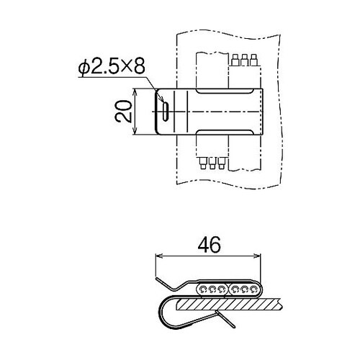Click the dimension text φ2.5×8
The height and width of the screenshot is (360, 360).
(x=112, y=66)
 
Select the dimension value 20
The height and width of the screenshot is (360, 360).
(x=123, y=112)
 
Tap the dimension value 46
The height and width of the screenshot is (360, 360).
(x=209, y=245)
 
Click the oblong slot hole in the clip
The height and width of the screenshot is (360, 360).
(x=166, y=112)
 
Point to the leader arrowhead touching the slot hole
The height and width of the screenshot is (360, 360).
(x=161, y=99)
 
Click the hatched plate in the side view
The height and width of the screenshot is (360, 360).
(x=228, y=305)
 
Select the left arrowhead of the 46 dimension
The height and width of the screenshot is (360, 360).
(x=159, y=256)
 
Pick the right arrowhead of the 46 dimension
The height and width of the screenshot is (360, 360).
(x=257, y=256)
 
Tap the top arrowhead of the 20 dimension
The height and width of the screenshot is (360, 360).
(x=135, y=91)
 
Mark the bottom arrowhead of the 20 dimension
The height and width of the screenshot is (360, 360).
(x=135, y=131)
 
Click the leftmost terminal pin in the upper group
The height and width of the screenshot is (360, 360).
(x=235, y=60)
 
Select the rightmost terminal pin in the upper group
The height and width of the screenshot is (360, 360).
(x=253, y=60)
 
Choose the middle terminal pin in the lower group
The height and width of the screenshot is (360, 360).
(x=212, y=163)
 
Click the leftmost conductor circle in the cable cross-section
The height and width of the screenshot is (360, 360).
(x=203, y=289)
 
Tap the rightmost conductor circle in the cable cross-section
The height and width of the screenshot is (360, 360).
(x=253, y=289)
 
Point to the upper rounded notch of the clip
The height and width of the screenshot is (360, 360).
(x=225, y=91)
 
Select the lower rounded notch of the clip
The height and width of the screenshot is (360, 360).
(x=225, y=132)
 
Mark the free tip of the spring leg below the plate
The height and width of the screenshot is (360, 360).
(x=234, y=327)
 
